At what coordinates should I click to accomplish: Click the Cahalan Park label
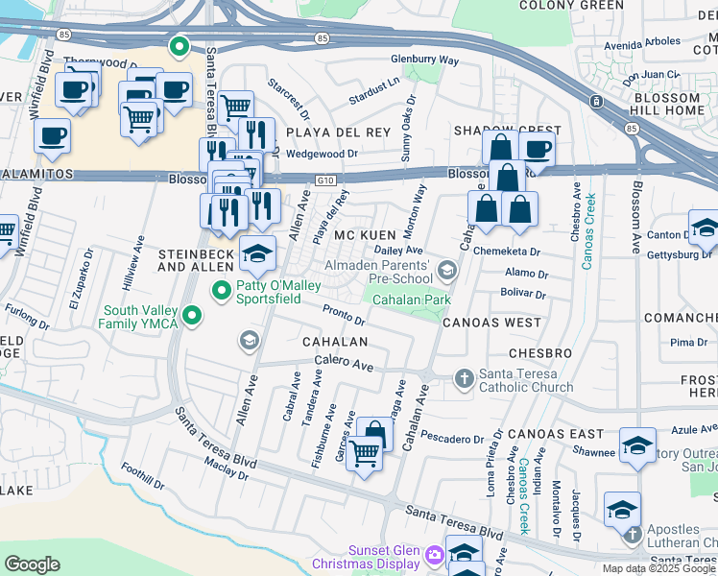coord(412,300)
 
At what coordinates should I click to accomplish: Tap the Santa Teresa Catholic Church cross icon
coord(464,377)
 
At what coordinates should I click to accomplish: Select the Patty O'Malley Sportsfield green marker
coord(222,288)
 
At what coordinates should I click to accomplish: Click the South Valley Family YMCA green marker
coord(192,315)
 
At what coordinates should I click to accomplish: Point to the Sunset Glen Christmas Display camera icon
coord(435,555)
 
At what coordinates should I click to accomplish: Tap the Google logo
coord(32,564)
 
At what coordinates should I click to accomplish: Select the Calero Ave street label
coord(345,365)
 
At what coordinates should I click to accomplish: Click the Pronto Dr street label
coord(344,314)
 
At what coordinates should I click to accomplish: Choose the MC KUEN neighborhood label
coord(366,235)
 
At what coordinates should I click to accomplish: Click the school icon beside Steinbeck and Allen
coord(257,253)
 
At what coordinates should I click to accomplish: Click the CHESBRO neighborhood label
coord(540,353)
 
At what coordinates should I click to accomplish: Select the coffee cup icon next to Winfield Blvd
coord(53,135)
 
